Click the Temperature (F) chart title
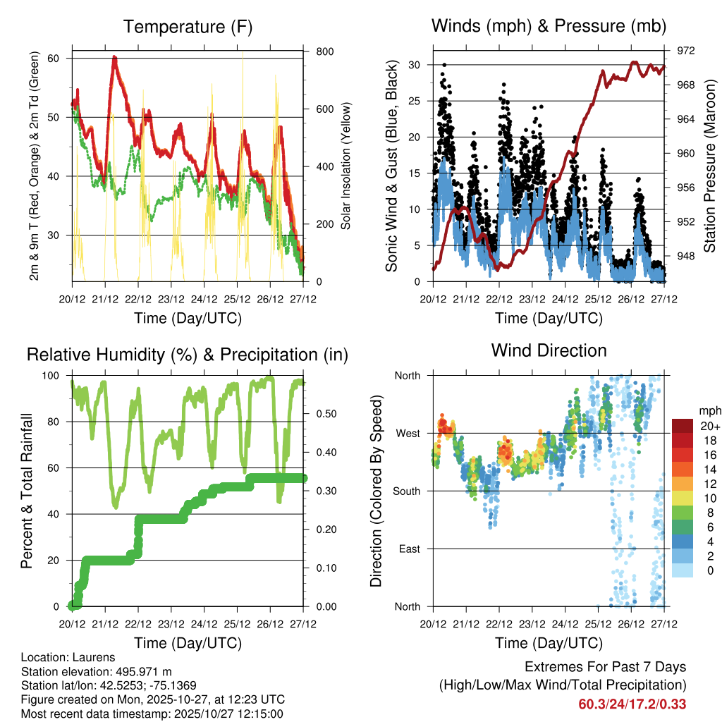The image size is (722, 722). click(x=188, y=27)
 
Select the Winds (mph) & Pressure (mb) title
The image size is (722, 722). click(x=549, y=27)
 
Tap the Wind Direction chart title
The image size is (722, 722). click(x=549, y=350)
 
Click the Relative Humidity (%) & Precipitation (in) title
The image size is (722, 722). click(x=188, y=355)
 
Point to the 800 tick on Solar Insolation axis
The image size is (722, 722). click(x=325, y=51)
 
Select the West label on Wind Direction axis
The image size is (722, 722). click(x=407, y=433)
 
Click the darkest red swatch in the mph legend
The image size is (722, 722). click(x=682, y=426)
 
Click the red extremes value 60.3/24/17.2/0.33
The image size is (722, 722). click(x=632, y=704)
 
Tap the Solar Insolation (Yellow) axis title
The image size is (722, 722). click(x=346, y=166)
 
